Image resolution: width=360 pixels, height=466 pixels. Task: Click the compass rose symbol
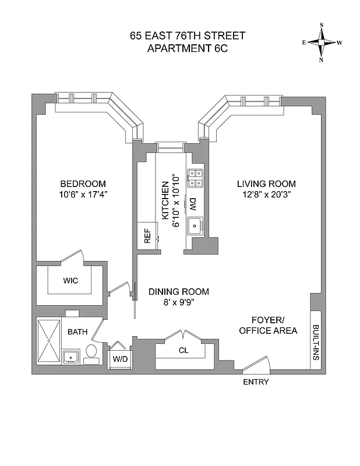[x=322, y=42]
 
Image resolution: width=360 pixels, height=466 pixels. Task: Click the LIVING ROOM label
[x=266, y=183]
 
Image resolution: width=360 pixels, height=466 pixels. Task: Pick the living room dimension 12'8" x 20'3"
[x=266, y=194]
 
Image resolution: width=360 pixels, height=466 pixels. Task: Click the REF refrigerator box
[x=148, y=236]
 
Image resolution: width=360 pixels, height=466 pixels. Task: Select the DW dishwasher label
[x=192, y=204]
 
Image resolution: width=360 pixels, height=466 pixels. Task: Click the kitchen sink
[x=194, y=224]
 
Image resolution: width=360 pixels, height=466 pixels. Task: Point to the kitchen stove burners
[x=194, y=177]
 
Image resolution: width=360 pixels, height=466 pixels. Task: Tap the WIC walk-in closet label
[x=70, y=280]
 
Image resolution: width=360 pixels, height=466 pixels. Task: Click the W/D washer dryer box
[x=121, y=358]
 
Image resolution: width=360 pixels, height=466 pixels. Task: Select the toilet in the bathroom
[x=91, y=352]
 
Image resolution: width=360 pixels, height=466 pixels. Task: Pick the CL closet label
[x=183, y=351]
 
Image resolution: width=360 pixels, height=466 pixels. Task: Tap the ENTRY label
[x=256, y=382]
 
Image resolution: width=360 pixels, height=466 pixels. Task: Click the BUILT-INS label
[x=315, y=343]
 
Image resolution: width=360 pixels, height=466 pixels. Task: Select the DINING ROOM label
[x=178, y=292]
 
